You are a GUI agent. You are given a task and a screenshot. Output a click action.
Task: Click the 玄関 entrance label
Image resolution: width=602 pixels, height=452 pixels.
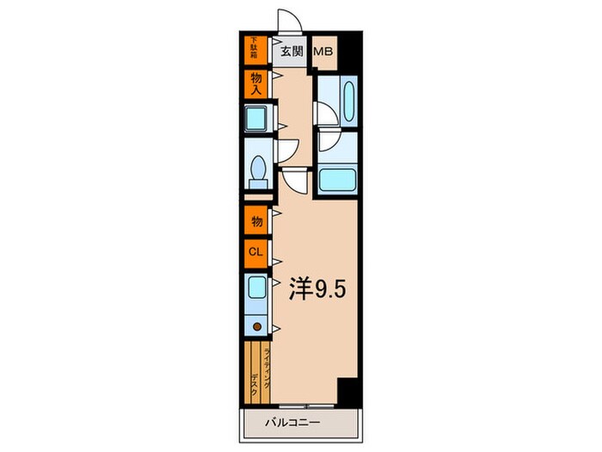click(292, 51)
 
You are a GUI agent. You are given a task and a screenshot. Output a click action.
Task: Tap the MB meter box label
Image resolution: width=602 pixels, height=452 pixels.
click(323, 51)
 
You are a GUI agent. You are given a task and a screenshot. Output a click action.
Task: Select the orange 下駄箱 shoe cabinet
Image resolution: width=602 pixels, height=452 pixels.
click(255, 47)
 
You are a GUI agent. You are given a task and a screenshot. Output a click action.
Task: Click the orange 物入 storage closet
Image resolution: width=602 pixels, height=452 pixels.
click(255, 83)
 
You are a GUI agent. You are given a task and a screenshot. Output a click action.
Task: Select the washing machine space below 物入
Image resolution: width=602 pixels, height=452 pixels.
click(256, 117)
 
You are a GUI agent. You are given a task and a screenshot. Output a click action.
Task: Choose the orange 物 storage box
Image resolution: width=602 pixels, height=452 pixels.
click(255, 221)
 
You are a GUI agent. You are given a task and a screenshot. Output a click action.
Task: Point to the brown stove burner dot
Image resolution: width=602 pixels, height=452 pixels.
click(256, 326)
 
